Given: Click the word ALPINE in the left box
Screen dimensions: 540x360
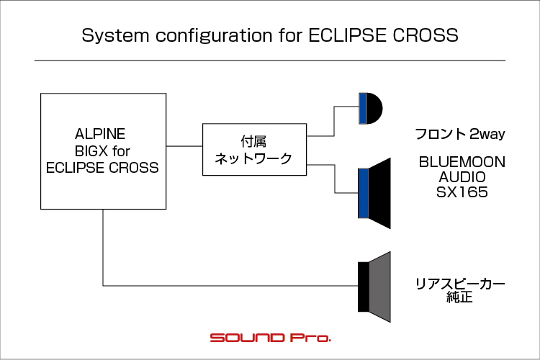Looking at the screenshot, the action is tap(100, 134).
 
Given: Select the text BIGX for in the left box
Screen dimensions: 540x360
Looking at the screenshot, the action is tap(102, 151).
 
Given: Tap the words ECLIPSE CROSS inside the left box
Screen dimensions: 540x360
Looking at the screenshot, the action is tap(102, 168).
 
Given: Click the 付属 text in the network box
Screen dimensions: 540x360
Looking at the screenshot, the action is tap(253, 141).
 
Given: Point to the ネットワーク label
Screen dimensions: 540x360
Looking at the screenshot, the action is tap(253, 158).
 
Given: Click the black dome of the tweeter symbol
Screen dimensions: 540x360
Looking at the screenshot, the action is tap(374, 109).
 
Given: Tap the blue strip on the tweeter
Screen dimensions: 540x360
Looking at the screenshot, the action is tap(363, 109).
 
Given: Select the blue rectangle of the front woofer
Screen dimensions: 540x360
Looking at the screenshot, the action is tap(364, 193).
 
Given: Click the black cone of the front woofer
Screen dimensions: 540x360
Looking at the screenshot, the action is tap(379, 193).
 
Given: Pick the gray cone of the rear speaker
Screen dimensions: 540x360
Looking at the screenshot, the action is tap(379, 287).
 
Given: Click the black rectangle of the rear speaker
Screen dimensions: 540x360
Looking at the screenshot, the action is tap(364, 287).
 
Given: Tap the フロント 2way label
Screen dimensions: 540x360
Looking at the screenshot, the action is tap(460, 134).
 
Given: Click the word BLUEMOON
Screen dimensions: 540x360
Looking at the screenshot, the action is tap(462, 162).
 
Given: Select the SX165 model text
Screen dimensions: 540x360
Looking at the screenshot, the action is tap(462, 192).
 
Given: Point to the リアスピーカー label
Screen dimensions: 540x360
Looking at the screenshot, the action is tap(460, 284).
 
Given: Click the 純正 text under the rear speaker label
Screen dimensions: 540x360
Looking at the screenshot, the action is tap(460, 297).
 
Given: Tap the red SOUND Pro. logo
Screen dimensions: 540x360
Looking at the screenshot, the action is tap(271, 338).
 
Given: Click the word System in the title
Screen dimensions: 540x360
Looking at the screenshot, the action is tap(115, 36).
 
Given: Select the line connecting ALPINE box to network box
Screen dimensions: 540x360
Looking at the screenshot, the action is tap(184, 146).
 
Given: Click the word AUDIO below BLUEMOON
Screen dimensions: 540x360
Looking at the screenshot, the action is tap(462, 177).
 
